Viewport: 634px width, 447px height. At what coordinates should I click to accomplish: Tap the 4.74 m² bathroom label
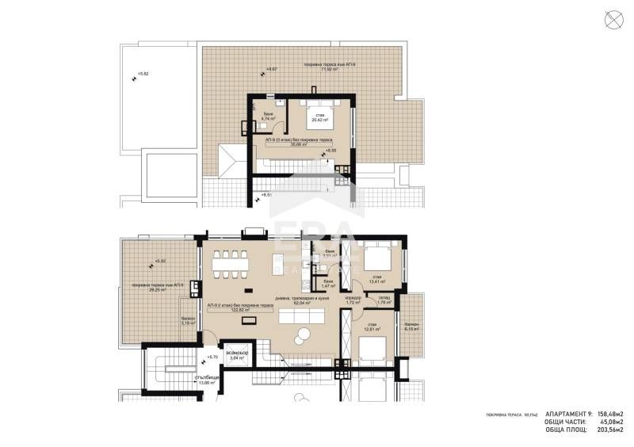pyautogui.click(x=269, y=119)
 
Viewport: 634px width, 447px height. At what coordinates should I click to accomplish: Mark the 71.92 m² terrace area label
pyautogui.click(x=325, y=66)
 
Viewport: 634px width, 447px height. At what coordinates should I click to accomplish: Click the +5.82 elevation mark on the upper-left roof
pyautogui.click(x=141, y=75)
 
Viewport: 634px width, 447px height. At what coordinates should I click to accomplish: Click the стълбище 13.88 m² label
pyautogui.click(x=183, y=380)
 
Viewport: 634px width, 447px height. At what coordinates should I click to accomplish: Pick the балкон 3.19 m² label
pyautogui.click(x=188, y=321)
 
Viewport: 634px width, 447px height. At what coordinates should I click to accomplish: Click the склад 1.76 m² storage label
pyautogui.click(x=385, y=300)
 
